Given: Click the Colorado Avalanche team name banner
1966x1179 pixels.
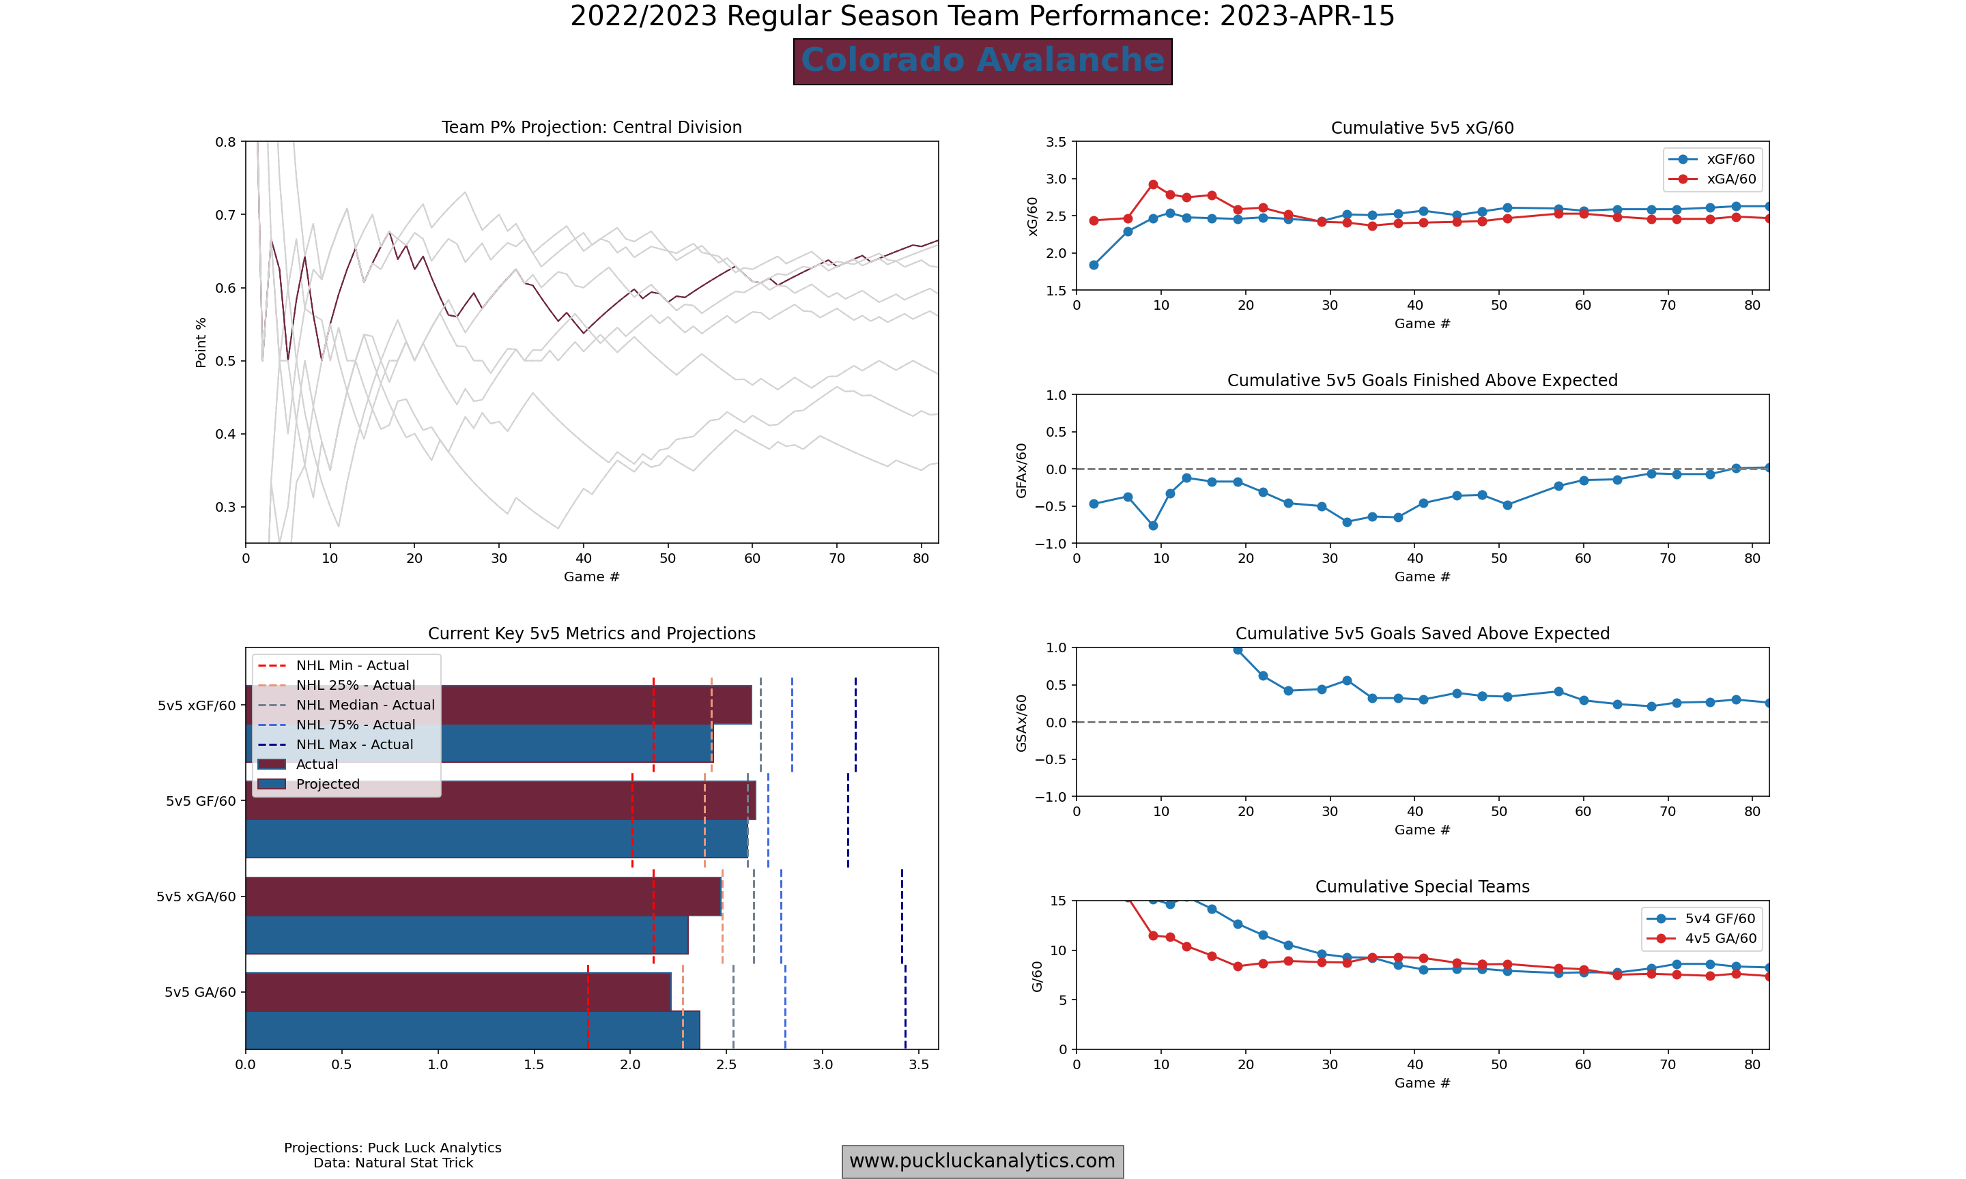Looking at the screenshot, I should pyautogui.click(x=982, y=61).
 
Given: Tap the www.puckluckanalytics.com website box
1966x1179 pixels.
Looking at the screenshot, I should pyautogui.click(x=982, y=1161).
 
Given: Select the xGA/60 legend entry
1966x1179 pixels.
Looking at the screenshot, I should pyautogui.click(x=1730, y=179).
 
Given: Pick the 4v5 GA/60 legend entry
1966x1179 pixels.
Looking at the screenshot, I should pyautogui.click(x=1720, y=938).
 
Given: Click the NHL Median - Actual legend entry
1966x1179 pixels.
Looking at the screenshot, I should pyautogui.click(x=365, y=705).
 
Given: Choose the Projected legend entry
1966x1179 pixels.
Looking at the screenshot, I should pyautogui.click(x=328, y=784).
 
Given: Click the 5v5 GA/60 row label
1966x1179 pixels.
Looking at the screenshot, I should pyautogui.click(x=200, y=992).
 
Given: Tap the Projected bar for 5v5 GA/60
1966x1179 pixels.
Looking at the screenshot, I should pyautogui.click(x=472, y=1030).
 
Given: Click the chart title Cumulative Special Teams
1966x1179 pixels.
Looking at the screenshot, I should pyautogui.click(x=1422, y=886).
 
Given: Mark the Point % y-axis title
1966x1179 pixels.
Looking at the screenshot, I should pyautogui.click(x=201, y=343).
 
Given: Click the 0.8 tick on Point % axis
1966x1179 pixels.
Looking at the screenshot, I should pyautogui.click(x=226, y=142).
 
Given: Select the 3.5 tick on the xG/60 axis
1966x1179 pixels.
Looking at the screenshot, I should pyautogui.click(x=1056, y=142).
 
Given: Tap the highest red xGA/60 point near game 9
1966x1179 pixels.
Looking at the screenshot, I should pyautogui.click(x=1153, y=184).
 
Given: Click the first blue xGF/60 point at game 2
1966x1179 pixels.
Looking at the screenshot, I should pyautogui.click(x=1094, y=265).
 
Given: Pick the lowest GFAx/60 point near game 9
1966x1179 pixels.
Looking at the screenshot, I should pyautogui.click(x=1153, y=525).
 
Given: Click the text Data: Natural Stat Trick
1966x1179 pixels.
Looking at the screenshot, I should pyautogui.click(x=393, y=1163).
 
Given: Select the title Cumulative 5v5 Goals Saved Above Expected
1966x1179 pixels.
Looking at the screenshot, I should pyautogui.click(x=1422, y=634).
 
